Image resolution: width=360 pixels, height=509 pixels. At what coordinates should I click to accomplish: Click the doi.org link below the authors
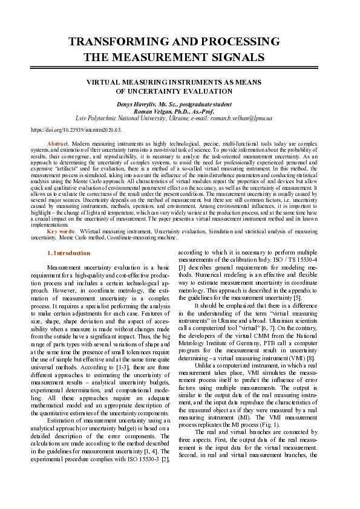pyautogui.click(x=76, y=129)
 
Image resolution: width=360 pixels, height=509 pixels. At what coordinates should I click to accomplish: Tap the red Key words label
pyautogui.click(x=61, y=231)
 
